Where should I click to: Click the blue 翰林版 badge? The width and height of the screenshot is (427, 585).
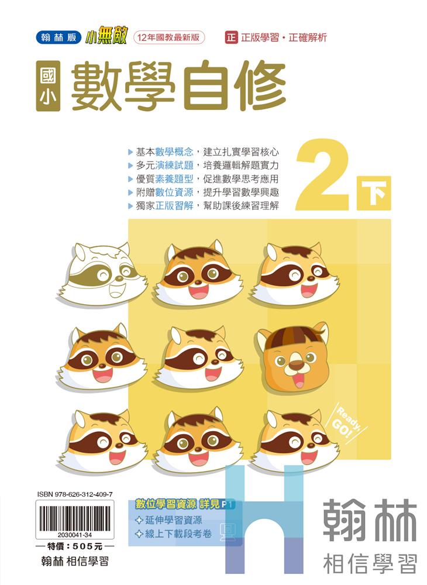pyautogui.click(x=58, y=37)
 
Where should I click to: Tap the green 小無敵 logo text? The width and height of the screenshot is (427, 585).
pyautogui.click(x=105, y=37)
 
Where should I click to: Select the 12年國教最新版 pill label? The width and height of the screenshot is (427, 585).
pyautogui.click(x=169, y=37)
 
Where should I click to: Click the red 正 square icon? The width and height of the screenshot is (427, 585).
pyautogui.click(x=231, y=37)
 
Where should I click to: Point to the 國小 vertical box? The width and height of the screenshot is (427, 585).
pyautogui.click(x=48, y=86)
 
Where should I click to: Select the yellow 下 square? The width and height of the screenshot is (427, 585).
pyautogui.click(x=374, y=193)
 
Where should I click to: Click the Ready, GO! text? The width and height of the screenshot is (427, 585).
pyautogui.click(x=347, y=424)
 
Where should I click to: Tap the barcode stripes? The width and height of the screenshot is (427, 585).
pyautogui.click(x=75, y=518)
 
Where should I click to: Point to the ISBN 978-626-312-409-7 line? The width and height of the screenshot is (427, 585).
pyautogui.click(x=75, y=494)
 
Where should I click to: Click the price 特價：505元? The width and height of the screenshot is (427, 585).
pyautogui.click(x=75, y=546)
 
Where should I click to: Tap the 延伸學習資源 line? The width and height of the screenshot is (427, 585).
pyautogui.click(x=169, y=520)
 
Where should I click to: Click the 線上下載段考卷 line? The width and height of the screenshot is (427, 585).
pyautogui.click(x=174, y=534)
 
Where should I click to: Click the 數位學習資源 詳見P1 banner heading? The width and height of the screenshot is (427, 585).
pyautogui.click(x=185, y=504)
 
